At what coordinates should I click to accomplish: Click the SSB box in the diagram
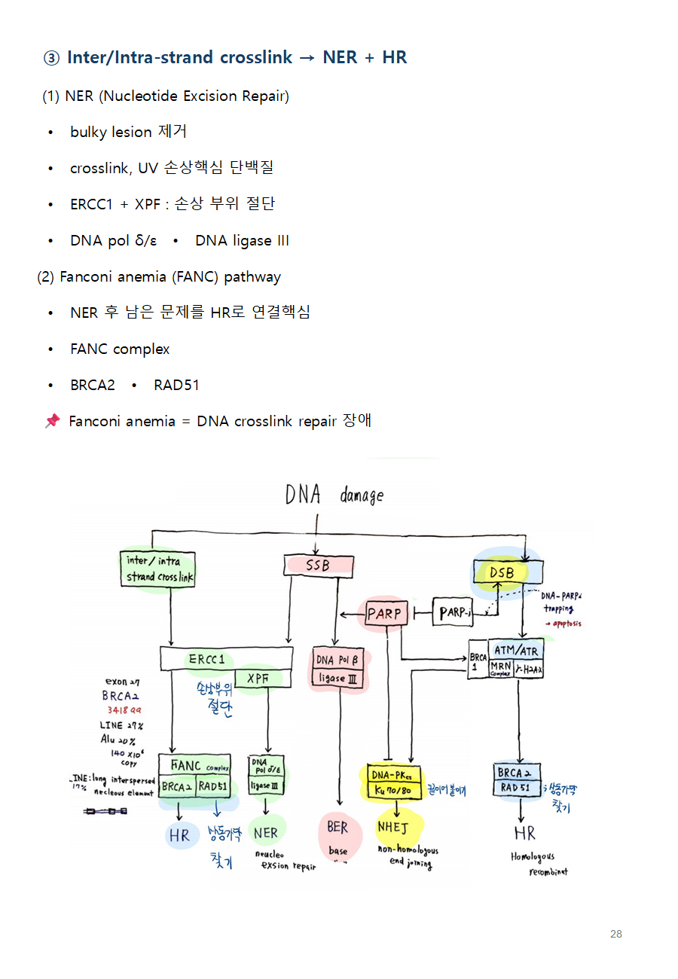pos(318,565)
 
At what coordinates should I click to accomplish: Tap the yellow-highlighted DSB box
pos(502,573)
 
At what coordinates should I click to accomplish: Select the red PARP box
pos(384,614)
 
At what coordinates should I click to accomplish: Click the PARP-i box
pos(454,613)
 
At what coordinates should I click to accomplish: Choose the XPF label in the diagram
pos(258,679)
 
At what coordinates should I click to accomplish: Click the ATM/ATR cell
pos(516,651)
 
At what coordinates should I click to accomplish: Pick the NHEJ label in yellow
pos(392,827)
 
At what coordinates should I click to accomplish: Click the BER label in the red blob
pos(337,827)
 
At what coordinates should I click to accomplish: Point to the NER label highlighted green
pos(266,832)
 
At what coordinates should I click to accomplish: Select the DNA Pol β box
pos(337,660)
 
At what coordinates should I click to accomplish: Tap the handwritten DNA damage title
pos(334,495)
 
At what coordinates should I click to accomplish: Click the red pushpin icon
pos(52,421)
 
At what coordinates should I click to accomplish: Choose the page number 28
pos(615,934)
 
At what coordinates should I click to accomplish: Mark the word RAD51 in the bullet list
pos(176,385)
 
